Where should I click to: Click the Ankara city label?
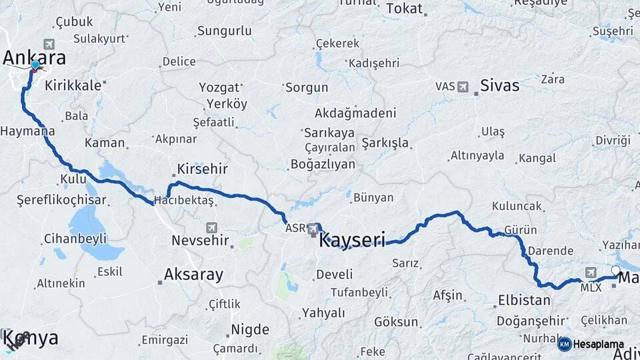(x=34, y=57)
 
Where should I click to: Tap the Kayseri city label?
(x=353, y=240)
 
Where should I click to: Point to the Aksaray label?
(x=193, y=274)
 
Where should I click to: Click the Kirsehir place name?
(x=203, y=169)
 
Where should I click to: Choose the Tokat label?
(x=405, y=9)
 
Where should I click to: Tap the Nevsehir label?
(x=200, y=240)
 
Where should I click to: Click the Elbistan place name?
(x=525, y=301)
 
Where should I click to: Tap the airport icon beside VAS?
(x=463, y=87)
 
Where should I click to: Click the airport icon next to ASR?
(x=313, y=229)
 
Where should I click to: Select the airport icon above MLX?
(x=591, y=273)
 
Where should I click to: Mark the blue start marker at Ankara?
(x=35, y=65)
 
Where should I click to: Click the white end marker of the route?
(x=615, y=271)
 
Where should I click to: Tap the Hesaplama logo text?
(x=598, y=344)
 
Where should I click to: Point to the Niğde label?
(x=250, y=329)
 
